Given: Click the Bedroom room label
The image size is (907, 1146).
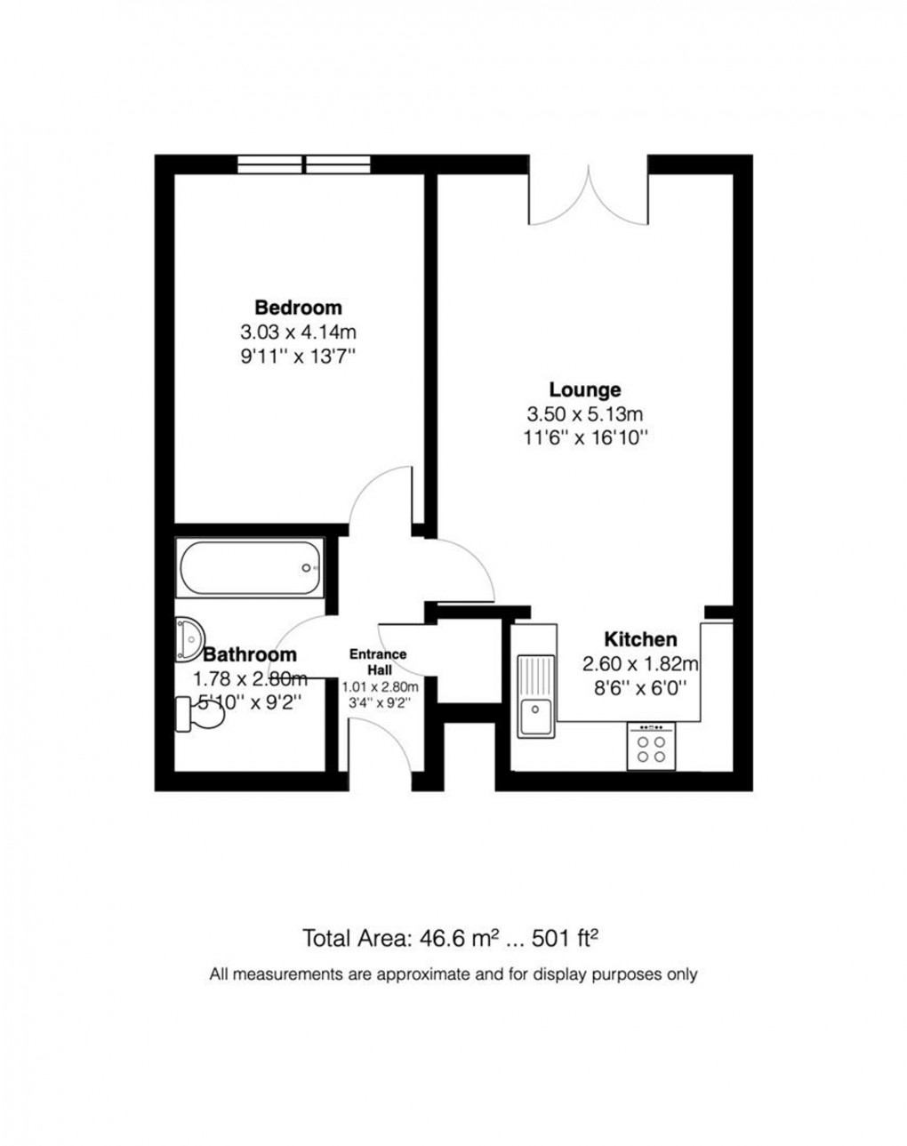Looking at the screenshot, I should [x=298, y=308].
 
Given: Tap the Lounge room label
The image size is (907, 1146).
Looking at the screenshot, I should [x=584, y=389].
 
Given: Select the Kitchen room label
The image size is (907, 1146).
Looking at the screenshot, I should [x=640, y=639].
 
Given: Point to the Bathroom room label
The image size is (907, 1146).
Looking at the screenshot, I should [x=250, y=655].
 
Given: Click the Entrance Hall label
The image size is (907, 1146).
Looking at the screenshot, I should [x=378, y=661].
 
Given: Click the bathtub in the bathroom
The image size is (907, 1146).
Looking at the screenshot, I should [x=250, y=568].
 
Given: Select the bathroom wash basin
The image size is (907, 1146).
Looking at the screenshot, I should [x=189, y=639].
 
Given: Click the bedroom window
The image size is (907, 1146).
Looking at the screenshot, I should [x=305, y=164].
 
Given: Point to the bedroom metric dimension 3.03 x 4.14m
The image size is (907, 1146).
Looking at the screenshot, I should [x=298, y=333].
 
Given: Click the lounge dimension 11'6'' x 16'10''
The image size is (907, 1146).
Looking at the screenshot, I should [x=584, y=437].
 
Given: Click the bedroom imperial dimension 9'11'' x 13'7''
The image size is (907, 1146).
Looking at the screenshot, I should [x=298, y=357].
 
